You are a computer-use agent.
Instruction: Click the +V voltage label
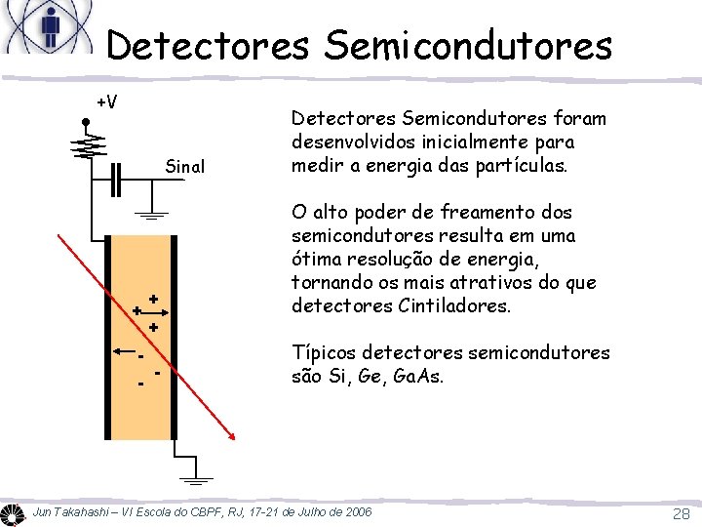click(x=107, y=101)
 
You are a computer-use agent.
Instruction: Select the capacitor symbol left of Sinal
click(x=117, y=182)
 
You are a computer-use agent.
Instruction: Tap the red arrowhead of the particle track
click(x=233, y=438)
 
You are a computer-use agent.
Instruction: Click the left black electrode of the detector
click(x=107, y=338)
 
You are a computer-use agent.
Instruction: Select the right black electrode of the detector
click(x=174, y=338)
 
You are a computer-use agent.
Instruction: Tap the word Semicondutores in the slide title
click(x=461, y=45)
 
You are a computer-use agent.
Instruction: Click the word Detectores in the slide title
click(x=200, y=45)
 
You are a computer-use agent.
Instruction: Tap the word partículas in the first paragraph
click(x=523, y=165)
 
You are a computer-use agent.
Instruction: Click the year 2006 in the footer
click(x=354, y=512)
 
